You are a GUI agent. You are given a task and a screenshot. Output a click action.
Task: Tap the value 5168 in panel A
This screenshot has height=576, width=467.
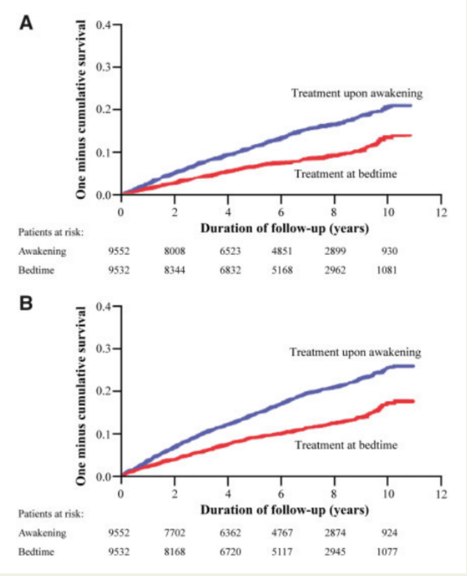(281, 270)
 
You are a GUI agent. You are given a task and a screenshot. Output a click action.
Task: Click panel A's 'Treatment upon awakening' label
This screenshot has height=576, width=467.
(356, 93)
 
